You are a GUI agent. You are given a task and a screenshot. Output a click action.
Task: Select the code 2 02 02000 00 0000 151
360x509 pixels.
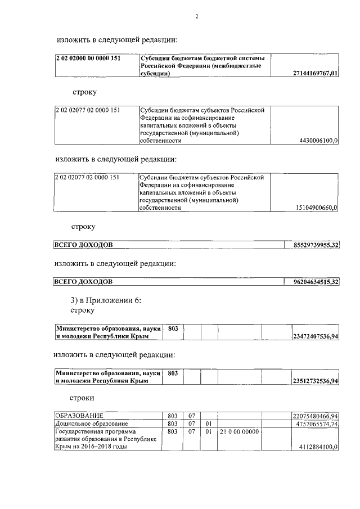point(87,58)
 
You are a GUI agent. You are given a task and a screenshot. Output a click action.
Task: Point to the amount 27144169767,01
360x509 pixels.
point(316,73)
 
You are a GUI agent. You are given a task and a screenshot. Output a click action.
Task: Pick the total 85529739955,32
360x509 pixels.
point(316,245)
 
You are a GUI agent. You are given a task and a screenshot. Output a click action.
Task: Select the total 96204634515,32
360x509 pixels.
point(316,281)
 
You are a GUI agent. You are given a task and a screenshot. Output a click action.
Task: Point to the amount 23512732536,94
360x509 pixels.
point(315,381)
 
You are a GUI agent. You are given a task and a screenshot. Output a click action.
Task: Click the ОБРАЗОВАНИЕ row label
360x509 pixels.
point(79,415)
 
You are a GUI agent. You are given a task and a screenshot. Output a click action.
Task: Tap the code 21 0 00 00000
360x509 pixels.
point(239,431)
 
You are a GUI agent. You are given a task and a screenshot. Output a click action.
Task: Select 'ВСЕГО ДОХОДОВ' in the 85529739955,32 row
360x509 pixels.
point(83,245)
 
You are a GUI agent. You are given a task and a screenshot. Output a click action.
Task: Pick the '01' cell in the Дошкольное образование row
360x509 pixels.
point(209,423)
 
